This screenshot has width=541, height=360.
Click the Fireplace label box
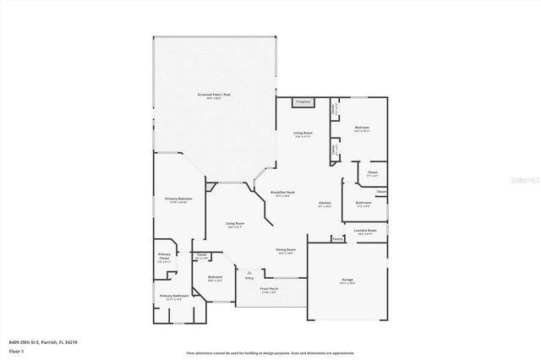pos(303,102)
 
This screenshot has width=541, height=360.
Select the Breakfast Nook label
pos(282,193)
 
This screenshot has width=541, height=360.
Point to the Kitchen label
pos(325,204)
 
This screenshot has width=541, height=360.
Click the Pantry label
pos(337,239)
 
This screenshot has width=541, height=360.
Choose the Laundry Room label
pos(365,231)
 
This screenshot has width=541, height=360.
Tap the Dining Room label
pos(286,250)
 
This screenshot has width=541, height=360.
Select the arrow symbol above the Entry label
pos(249,271)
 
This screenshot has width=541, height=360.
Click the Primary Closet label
pos(164,259)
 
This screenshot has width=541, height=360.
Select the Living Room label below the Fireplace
pos(303,134)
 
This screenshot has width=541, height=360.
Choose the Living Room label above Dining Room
pos(234,224)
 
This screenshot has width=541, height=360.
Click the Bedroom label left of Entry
pos(216,278)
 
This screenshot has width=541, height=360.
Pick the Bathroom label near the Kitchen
pos(363,203)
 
